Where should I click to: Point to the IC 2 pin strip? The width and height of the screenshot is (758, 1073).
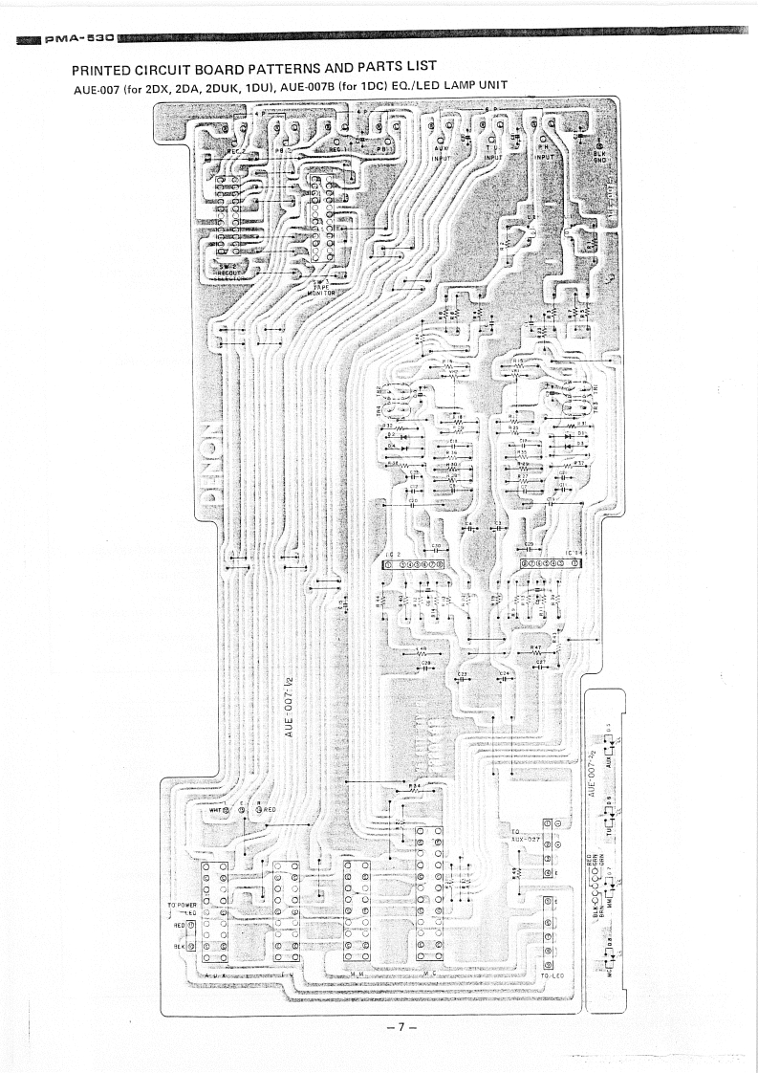(x=414, y=564)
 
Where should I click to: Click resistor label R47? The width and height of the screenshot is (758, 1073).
(x=535, y=647)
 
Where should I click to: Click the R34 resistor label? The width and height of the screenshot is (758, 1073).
(x=413, y=786)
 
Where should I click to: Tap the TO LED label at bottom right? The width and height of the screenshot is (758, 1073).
(x=552, y=975)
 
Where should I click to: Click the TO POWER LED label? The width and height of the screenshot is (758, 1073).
(x=182, y=908)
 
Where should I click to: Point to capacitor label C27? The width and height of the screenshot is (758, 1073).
(x=541, y=661)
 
